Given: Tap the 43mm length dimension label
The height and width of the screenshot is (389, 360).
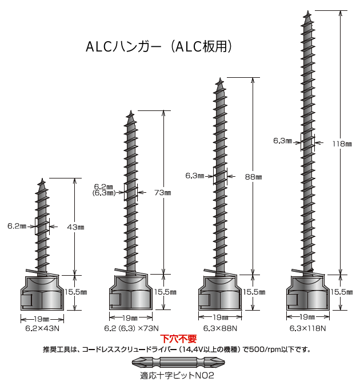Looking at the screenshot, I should point(76,227).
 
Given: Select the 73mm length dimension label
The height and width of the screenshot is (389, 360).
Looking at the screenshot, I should point(163,193).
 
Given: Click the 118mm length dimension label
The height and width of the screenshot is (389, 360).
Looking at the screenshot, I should point(342,144).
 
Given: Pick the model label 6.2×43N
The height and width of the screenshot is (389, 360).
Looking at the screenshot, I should point(42,328).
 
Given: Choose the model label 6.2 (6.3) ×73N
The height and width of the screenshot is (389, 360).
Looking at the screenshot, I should point(130,328).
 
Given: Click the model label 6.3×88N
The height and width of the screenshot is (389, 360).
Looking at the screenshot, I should point(219,328).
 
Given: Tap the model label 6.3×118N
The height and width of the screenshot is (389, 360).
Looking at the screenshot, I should point(307,328).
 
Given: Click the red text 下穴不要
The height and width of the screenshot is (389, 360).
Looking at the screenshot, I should point(178,339).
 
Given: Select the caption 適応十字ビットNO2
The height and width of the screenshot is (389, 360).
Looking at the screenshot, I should point(177,376).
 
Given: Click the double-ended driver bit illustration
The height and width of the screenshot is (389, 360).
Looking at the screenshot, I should point(177,363).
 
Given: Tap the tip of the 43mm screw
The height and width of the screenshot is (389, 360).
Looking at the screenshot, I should point(42,180).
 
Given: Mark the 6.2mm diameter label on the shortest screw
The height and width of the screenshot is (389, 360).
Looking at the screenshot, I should point(17,227).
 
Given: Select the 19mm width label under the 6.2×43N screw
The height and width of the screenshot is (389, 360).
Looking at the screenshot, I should point(42,318).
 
